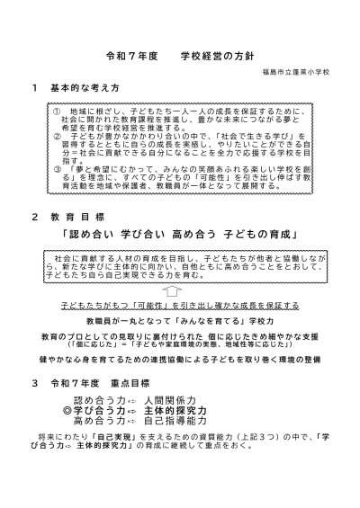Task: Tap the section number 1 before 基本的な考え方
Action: point(34,92)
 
